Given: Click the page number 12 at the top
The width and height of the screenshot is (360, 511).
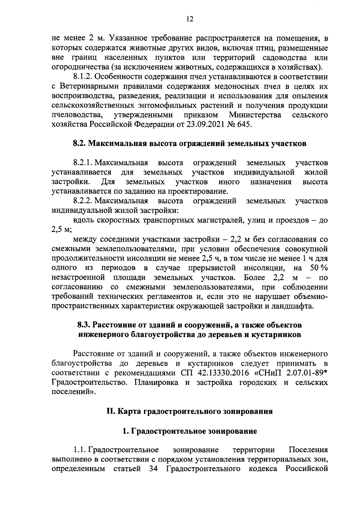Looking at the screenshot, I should pos(189,19).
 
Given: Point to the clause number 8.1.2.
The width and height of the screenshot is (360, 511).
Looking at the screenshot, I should pos(82,76).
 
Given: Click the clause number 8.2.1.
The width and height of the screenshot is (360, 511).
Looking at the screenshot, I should pos(82,163).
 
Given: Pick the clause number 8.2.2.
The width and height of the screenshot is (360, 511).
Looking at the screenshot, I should pos(82,201).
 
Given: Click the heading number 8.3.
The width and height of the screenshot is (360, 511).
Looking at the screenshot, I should pos(84,325).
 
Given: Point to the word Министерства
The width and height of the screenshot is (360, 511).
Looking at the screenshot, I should pos(255,115).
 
